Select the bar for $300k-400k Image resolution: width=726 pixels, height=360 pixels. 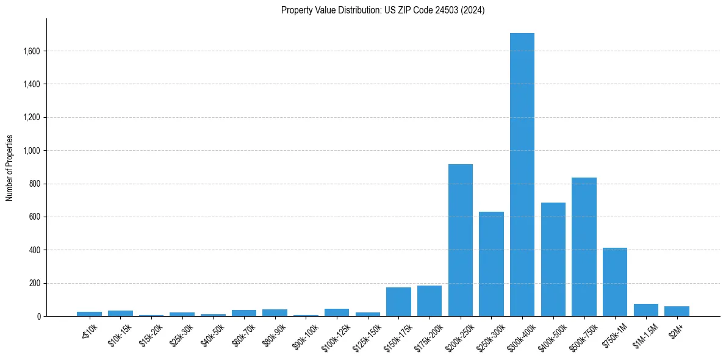click(522, 175)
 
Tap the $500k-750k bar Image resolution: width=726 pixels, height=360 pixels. click(584, 247)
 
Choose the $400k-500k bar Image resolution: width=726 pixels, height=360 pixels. click(553, 259)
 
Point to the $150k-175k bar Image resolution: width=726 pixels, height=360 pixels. click(398, 302)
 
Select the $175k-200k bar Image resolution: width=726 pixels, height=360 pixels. click(429, 301)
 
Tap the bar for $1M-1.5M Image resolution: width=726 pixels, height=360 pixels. click(645, 310)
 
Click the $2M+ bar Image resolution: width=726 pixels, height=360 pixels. click(677, 311)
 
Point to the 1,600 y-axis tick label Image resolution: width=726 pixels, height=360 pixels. click(31, 51)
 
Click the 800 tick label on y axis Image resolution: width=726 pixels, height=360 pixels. click(34, 184)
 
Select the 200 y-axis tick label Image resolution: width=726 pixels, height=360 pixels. click(34, 283)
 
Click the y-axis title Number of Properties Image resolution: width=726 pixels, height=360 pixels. click(9, 167)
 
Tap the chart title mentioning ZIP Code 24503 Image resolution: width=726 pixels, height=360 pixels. click(383, 10)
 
